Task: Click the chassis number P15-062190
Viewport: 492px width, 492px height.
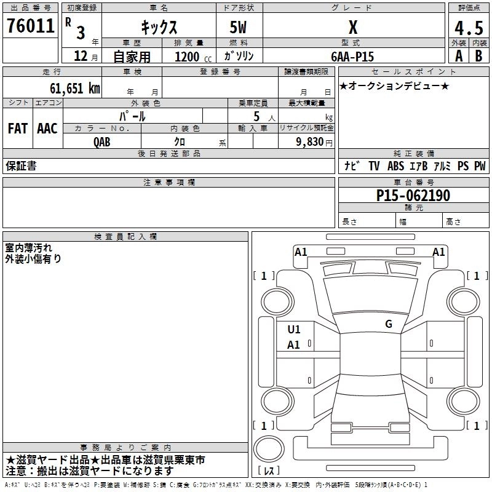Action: pyautogui.click(x=413, y=196)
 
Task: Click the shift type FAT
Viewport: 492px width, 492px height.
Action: pyautogui.click(x=18, y=129)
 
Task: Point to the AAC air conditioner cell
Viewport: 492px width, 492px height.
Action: pyautogui.click(x=47, y=129)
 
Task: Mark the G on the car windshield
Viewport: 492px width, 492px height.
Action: pyautogui.click(x=388, y=324)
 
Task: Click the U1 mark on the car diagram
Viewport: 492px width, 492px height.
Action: pyautogui.click(x=294, y=330)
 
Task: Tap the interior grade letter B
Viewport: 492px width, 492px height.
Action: pyautogui.click(x=478, y=56)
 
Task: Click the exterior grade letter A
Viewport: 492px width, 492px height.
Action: pyautogui.click(x=458, y=56)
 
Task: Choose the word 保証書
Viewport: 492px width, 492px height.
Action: pyautogui.click(x=21, y=166)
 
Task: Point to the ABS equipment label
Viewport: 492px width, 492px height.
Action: pyautogui.click(x=395, y=166)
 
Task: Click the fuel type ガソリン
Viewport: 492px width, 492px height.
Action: pyautogui.click(x=239, y=57)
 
